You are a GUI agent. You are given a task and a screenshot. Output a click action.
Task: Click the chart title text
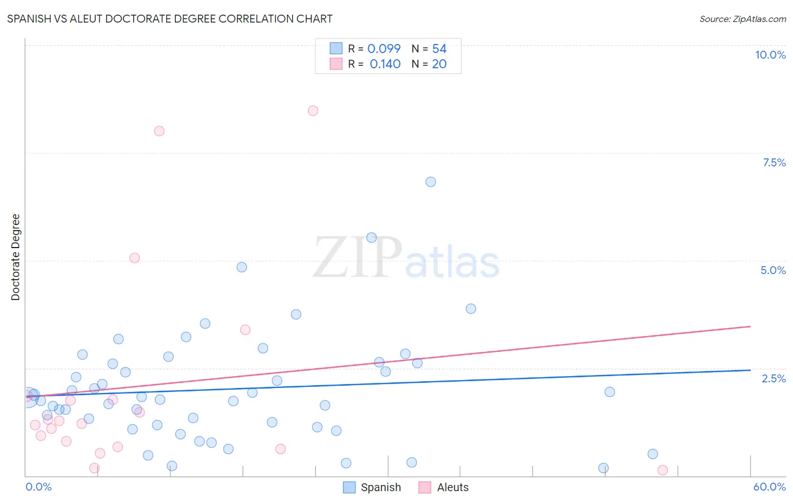pos(170,19)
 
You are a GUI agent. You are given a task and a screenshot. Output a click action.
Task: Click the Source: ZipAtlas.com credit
pos(742,19)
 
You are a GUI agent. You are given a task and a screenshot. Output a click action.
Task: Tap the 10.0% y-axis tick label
pos(770,55)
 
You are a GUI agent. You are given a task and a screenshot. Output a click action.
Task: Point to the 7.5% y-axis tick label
pos(774,162)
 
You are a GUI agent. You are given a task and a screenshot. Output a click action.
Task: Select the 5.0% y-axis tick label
pos(773,270)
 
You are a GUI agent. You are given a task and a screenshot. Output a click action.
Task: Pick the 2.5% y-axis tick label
pos(773,378)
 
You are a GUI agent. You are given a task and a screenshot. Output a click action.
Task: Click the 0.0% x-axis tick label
pos(38,487)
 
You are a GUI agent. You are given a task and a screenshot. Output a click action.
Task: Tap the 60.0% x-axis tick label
pos(769,487)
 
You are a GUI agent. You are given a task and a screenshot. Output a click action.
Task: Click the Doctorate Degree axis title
pos(15,257)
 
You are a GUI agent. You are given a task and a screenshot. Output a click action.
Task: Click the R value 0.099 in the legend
pos(384,49)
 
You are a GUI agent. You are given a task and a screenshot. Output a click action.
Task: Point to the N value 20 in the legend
pos(439,64)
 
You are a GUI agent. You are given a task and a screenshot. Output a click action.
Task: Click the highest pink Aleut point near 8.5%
pos(313,111)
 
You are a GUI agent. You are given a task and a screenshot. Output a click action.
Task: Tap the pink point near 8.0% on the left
pos(159,131)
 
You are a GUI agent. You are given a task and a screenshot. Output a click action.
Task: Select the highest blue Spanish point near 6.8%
pos(430,182)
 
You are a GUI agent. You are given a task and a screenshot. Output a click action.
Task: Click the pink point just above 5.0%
pos(134,258)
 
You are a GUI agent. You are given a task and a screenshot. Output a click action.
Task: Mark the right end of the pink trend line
pos(750,326)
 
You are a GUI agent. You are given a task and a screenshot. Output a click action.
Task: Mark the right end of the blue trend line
pos(750,370)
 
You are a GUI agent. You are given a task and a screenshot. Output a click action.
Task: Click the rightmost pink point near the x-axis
pos(663,470)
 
